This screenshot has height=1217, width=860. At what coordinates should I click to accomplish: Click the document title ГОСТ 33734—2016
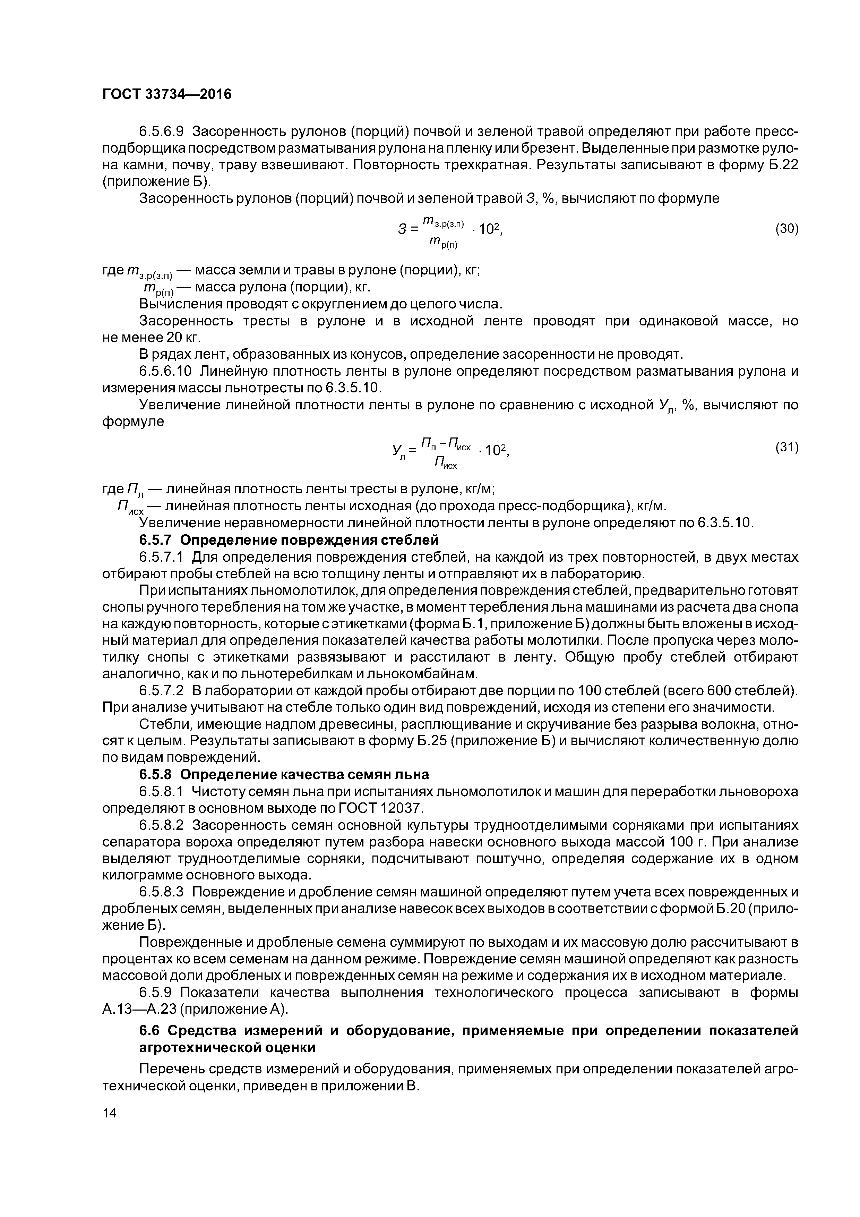(167, 94)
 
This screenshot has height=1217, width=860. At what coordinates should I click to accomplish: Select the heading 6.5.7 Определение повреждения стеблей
(289, 540)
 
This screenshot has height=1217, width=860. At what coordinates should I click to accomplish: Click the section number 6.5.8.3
(161, 893)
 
